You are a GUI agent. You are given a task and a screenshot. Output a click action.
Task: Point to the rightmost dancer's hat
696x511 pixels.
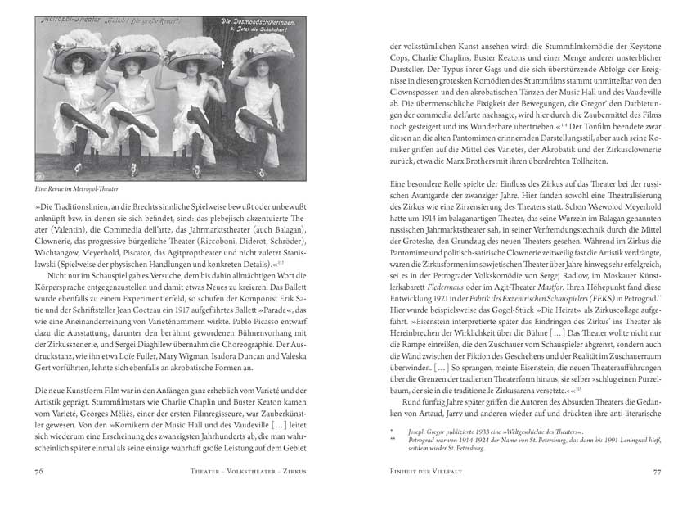pyautogui.click(x=263, y=52)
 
